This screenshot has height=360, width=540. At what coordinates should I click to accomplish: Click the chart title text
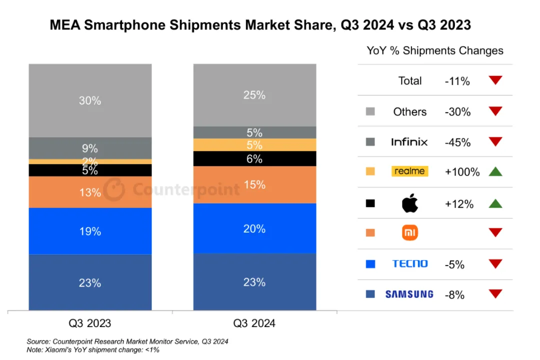(x=260, y=25)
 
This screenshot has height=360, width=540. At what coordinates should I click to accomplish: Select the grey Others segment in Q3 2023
(x=90, y=100)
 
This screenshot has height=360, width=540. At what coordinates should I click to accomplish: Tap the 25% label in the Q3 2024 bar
(x=254, y=95)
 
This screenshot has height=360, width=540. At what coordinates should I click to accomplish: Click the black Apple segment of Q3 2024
(x=254, y=158)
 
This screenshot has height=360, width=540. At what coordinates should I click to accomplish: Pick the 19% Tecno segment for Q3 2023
(x=90, y=231)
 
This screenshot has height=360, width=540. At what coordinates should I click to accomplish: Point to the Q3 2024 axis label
(x=254, y=323)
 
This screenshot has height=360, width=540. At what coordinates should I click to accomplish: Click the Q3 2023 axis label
(x=90, y=323)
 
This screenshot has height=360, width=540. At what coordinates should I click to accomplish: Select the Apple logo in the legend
(x=409, y=203)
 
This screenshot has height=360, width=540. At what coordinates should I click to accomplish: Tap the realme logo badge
(x=409, y=171)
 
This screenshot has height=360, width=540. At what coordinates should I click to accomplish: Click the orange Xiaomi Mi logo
(x=409, y=232)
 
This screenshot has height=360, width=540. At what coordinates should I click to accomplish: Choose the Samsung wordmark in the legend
(x=409, y=294)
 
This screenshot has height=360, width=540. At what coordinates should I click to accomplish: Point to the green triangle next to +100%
(x=495, y=171)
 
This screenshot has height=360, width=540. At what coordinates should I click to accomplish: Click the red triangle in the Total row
(x=495, y=80)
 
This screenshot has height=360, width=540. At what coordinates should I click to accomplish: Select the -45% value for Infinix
(x=457, y=142)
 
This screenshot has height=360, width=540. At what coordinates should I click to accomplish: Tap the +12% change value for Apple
(x=458, y=204)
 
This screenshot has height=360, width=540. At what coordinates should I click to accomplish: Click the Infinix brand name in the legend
(x=409, y=142)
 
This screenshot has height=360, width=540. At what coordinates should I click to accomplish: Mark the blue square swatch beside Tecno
(x=370, y=263)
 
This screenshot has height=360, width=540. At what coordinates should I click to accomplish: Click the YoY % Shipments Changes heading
(x=435, y=50)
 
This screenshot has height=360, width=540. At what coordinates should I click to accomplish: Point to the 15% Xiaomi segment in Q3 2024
(x=254, y=184)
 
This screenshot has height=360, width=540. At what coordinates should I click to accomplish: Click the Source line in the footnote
(x=127, y=341)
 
